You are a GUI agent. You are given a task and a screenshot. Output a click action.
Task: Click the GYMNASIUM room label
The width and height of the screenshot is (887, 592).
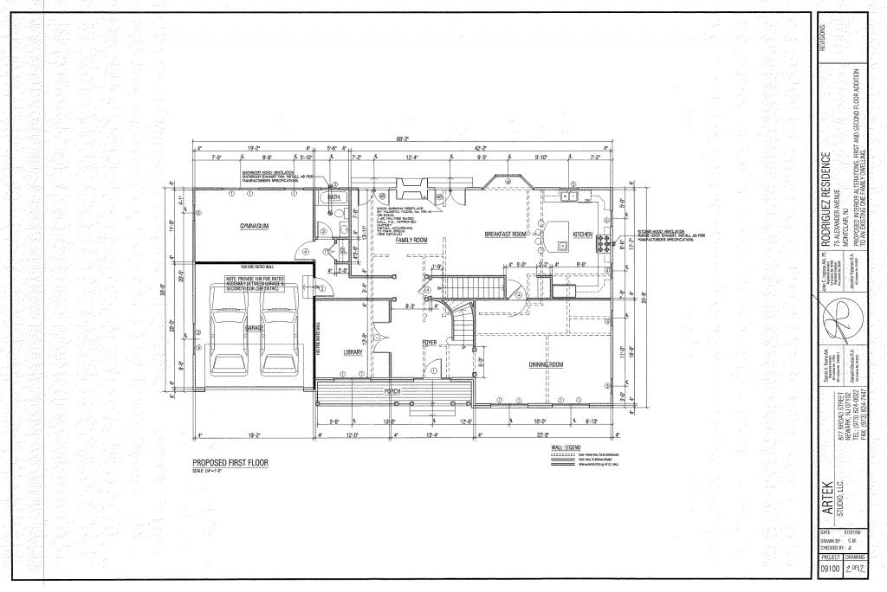(x=256, y=227)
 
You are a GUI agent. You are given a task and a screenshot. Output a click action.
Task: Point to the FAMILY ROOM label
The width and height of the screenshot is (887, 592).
(x=411, y=240)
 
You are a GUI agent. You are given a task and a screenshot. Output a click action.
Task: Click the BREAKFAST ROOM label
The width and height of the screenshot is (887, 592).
(x=506, y=235)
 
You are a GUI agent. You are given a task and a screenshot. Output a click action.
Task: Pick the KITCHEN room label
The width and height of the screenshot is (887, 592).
(x=582, y=235)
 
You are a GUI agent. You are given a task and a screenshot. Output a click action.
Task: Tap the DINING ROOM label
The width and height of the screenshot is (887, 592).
(x=546, y=364)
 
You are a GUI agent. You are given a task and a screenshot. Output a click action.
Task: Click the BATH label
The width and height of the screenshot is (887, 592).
(x=333, y=198)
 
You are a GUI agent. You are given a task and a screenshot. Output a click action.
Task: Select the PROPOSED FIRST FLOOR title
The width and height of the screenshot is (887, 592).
(x=230, y=463)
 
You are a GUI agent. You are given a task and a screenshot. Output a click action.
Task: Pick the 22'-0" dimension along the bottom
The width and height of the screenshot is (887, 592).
(x=543, y=434)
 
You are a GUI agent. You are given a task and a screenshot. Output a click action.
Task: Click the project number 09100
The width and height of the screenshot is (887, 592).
(x=829, y=569)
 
